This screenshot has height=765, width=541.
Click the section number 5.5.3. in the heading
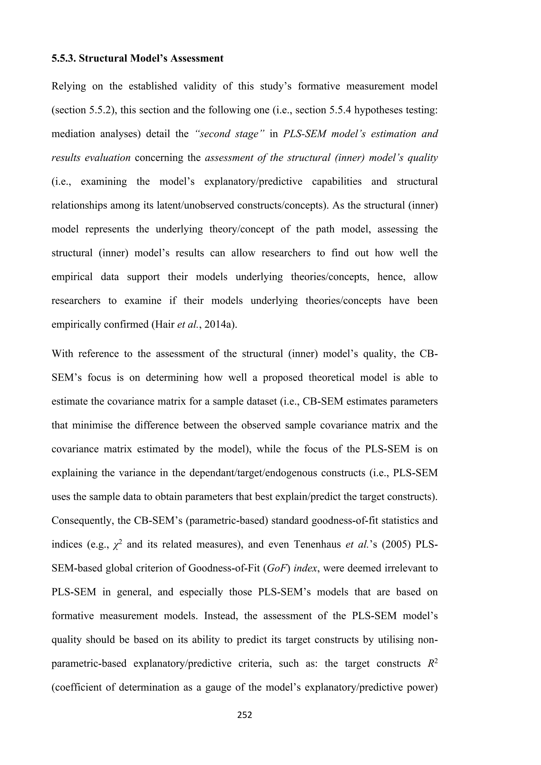point(64,58)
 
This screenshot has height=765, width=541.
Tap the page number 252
point(245,721)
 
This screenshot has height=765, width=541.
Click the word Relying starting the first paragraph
point(69,86)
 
